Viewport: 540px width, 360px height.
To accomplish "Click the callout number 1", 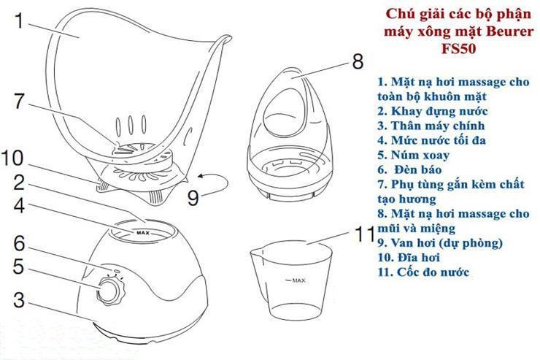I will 21,21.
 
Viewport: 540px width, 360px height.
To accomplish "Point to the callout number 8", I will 358,61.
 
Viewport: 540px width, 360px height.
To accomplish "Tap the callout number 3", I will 21,300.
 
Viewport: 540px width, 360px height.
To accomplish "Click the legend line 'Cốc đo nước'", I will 423,272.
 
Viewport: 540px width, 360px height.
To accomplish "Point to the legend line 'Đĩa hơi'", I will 409,258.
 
